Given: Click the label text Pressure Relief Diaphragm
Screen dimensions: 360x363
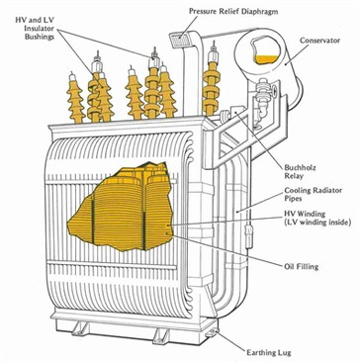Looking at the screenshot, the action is click(x=233, y=11).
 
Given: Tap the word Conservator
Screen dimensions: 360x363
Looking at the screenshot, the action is click(x=319, y=41).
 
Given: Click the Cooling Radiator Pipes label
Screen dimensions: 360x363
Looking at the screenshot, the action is click(x=314, y=195).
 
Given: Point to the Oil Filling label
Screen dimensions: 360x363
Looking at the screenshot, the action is click(x=302, y=266).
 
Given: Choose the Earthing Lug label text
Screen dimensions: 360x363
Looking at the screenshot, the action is click(x=269, y=352).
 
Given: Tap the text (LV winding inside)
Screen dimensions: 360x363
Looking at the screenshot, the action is click(x=317, y=223).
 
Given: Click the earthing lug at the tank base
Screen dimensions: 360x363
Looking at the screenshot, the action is click(x=211, y=333).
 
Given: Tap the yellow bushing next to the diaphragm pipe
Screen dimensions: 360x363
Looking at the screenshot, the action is click(x=211, y=84).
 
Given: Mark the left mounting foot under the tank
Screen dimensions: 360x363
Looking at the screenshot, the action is click(x=80, y=328).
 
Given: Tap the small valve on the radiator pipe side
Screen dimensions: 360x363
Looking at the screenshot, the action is click(x=247, y=231).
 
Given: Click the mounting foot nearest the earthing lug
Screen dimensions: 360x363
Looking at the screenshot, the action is click(x=160, y=335).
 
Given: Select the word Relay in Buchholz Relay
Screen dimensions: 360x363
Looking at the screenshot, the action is click(x=293, y=176).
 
